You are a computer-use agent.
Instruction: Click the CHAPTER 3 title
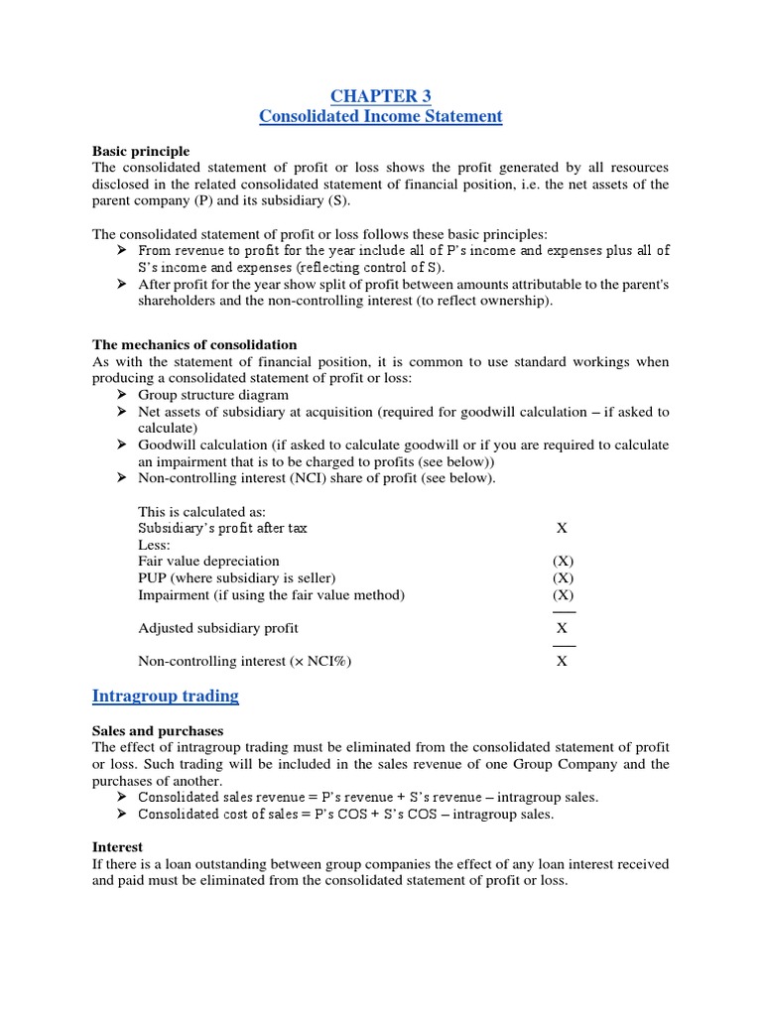pos(380,95)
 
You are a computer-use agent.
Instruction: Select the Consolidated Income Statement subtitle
pos(380,117)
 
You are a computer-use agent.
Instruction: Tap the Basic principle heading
pos(141,151)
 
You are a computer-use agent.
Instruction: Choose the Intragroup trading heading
pos(166,696)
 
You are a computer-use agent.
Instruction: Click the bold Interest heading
pos(117,847)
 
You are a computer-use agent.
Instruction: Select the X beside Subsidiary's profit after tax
pos(562,528)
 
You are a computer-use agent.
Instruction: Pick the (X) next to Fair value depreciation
pos(563,562)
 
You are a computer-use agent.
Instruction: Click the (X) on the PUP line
pos(563,578)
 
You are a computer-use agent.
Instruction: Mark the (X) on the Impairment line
pos(563,595)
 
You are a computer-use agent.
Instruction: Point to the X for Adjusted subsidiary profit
pos(562,628)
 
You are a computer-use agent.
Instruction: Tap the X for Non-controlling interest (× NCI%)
pos(562,662)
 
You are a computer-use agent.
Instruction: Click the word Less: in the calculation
pos(154,545)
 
